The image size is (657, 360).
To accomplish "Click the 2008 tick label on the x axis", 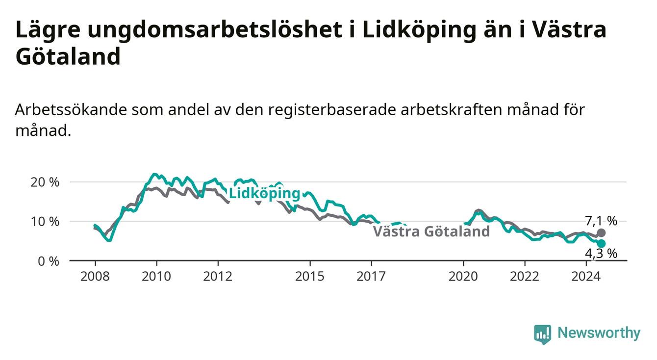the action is point(95,277).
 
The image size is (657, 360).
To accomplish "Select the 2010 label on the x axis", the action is point(156,277).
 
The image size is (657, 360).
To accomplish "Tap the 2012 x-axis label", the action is point(218,277).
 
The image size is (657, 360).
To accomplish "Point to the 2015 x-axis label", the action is point(310,277).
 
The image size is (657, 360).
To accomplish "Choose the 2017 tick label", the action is point(371,277).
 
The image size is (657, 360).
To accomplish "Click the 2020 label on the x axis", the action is point(463,277).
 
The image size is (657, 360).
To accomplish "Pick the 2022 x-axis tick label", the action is point(525,277).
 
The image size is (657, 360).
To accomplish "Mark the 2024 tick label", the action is point(586,277).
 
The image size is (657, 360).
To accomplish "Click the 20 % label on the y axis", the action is point(45,182).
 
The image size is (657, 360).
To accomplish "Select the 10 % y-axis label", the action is point(45,222).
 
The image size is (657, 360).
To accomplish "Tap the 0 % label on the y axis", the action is point(49,261).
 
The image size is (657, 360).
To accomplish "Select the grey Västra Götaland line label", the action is point(431,231).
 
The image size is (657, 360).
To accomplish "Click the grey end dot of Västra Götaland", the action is point(601,233).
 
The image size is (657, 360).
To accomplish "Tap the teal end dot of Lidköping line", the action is point(601,244).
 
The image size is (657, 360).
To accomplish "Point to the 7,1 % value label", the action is point(601,221).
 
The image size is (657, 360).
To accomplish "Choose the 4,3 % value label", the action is point(601,254).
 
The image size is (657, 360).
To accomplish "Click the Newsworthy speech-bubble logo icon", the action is point(543,334).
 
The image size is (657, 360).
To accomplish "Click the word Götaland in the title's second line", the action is point(68,56).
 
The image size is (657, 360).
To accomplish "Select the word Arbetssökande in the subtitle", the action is point(71,110).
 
